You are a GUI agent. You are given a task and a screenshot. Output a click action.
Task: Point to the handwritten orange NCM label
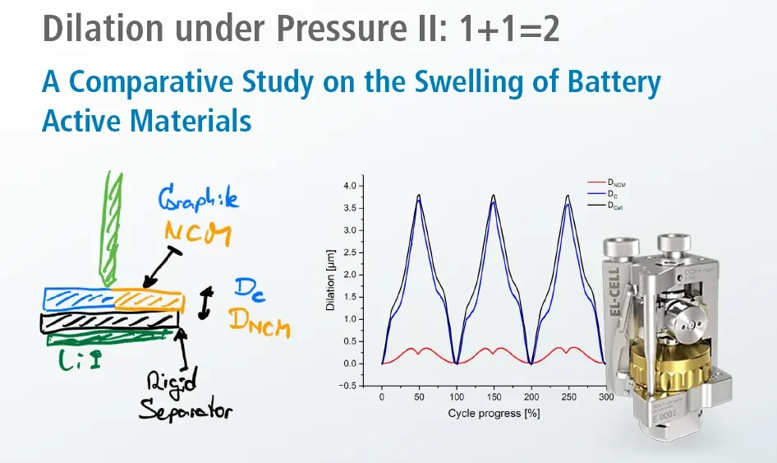coord(195,230)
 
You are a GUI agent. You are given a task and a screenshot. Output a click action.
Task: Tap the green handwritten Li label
coord(81,359)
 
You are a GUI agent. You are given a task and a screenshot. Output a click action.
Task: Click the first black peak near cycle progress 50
coord(419,195)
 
